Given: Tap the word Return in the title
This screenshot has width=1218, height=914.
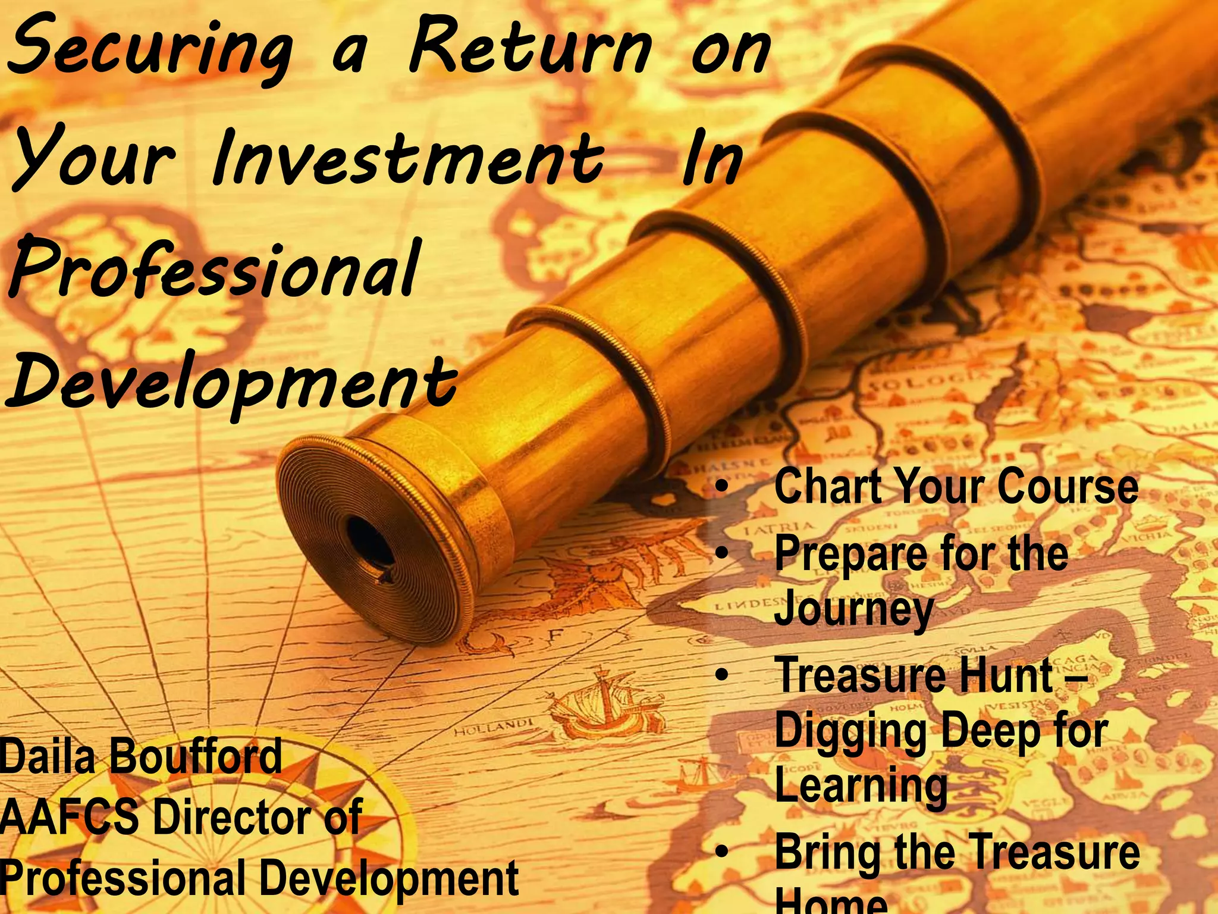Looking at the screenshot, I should pos(529,51).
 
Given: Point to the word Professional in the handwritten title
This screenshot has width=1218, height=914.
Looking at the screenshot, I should pos(214,271).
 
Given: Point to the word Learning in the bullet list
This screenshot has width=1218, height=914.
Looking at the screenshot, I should pos(861,785).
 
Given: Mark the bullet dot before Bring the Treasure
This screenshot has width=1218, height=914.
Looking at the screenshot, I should pos(722,852).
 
